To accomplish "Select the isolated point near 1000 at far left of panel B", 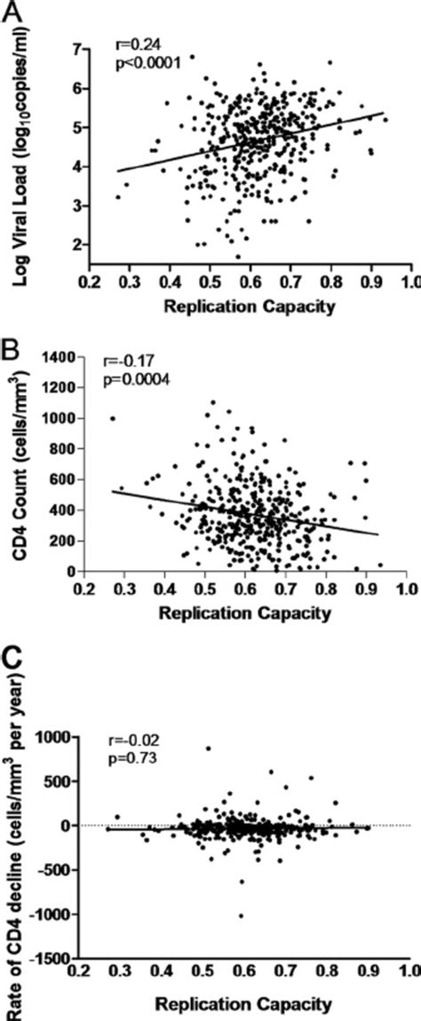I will (113, 418).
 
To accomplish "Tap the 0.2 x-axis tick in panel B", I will (85, 588).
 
